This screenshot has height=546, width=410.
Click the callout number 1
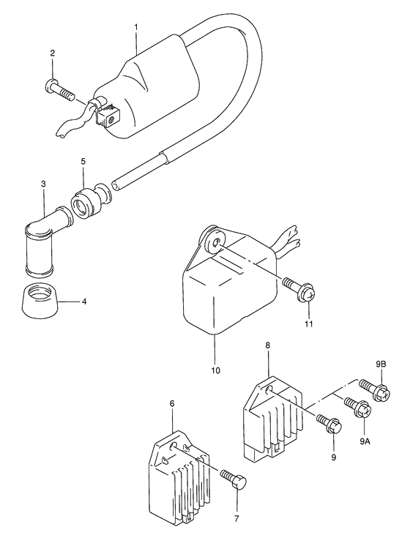click(x=136, y=27)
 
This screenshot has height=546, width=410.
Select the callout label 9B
click(x=381, y=364)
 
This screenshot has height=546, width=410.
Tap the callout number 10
click(x=216, y=370)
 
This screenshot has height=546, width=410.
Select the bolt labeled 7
click(x=234, y=478)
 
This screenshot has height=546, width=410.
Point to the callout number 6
click(x=172, y=403)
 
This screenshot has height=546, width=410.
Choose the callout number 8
click(x=267, y=345)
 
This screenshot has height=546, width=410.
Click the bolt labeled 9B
click(x=375, y=390)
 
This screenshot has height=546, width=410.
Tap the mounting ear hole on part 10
click(x=217, y=242)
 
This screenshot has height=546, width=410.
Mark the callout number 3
click(x=43, y=184)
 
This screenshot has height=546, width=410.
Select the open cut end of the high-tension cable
click(x=116, y=185)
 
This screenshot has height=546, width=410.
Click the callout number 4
click(x=83, y=302)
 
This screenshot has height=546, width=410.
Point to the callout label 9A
click(x=365, y=441)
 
